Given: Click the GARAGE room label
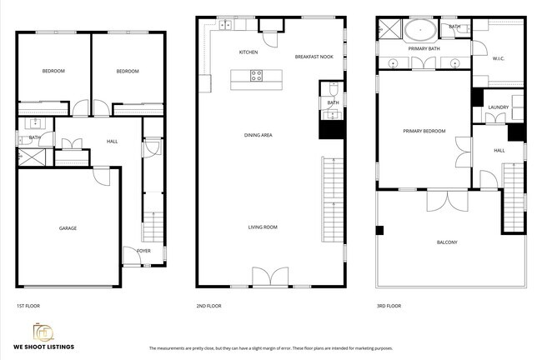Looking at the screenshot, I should [x=68, y=227].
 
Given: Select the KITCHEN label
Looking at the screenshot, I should [x=248, y=52].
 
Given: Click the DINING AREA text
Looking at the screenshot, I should [x=258, y=135].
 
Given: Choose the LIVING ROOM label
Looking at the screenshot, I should [x=263, y=227].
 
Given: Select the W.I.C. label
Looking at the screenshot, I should [x=499, y=58].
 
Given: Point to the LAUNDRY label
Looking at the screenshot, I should [x=499, y=107].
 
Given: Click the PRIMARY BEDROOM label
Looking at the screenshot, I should [x=424, y=131].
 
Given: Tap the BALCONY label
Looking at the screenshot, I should [x=447, y=242].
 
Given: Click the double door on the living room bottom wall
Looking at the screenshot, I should [x=271, y=277].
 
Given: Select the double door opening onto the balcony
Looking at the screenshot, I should [x=447, y=200].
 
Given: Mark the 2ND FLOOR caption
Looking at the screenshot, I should [x=208, y=306].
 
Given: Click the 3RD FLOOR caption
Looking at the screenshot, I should [x=389, y=306].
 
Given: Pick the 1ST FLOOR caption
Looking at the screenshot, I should [x=28, y=306].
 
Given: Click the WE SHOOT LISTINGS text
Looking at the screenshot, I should [x=43, y=346].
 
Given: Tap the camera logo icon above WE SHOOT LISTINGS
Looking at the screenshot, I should [x=43, y=331].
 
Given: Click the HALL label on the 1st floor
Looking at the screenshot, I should [x=112, y=142].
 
